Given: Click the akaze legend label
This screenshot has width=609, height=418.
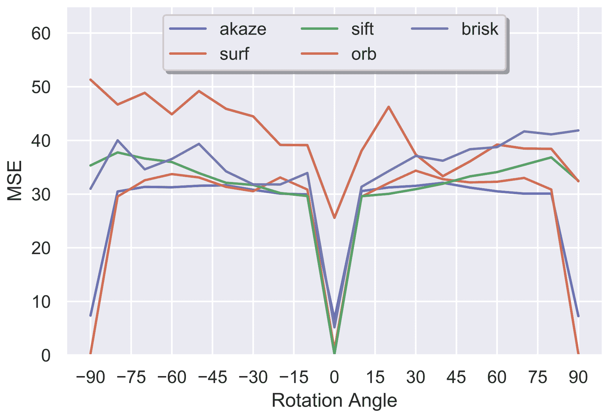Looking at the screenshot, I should [243, 29].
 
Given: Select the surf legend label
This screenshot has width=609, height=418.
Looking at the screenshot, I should [234, 54].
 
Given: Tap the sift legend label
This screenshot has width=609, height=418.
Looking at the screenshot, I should [362, 29].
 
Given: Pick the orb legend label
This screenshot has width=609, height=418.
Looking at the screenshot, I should [364, 54].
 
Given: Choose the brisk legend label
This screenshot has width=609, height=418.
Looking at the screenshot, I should [480, 29].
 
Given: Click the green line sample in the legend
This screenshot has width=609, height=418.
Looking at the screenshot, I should [319, 29].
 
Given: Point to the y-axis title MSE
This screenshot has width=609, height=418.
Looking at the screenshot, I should [15, 180].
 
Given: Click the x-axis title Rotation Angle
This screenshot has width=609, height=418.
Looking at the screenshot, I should [334, 401].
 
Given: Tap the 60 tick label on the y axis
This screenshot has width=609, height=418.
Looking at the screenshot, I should [41, 34].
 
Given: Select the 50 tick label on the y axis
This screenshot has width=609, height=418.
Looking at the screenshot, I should [41, 87].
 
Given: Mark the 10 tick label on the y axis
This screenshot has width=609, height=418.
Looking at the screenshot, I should [41, 302].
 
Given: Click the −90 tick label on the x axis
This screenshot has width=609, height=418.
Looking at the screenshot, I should [90, 377].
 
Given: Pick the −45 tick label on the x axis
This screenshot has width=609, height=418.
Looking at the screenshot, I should [212, 377].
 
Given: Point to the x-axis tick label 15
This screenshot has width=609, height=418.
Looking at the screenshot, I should [375, 377].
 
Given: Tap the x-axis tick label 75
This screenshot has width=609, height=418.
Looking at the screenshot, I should [537, 377].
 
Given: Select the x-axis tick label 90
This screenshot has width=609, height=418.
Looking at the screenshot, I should [578, 377].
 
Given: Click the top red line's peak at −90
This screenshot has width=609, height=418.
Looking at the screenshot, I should [91, 80].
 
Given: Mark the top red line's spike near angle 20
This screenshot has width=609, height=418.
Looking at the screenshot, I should [388, 107].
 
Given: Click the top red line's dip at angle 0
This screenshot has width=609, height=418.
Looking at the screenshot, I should [334, 218].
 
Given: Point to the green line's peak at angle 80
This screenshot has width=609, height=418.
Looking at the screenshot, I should [551, 157].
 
